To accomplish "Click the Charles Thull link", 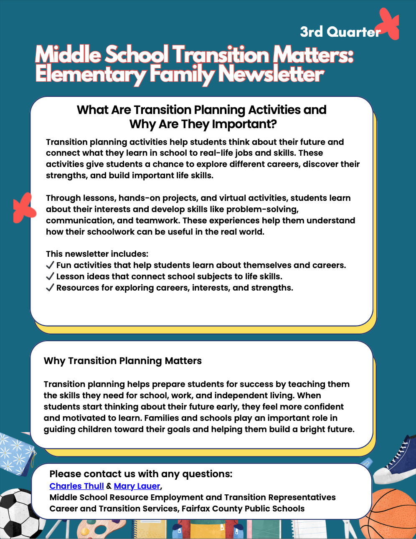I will [x=76, y=486].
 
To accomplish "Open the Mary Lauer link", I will [x=137, y=486].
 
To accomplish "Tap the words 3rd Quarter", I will [x=340, y=32].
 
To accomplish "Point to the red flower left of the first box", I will [x=24, y=208].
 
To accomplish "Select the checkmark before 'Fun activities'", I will [x=50, y=265].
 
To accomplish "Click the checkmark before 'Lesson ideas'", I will [x=50, y=276].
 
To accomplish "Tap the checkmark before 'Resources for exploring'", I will [x=50, y=288].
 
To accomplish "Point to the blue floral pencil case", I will [x=15, y=453].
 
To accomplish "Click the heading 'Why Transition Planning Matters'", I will [x=123, y=361].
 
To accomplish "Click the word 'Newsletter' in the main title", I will [x=271, y=74].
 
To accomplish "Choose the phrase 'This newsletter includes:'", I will [x=97, y=254].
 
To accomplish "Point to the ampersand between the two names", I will [x=109, y=486].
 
